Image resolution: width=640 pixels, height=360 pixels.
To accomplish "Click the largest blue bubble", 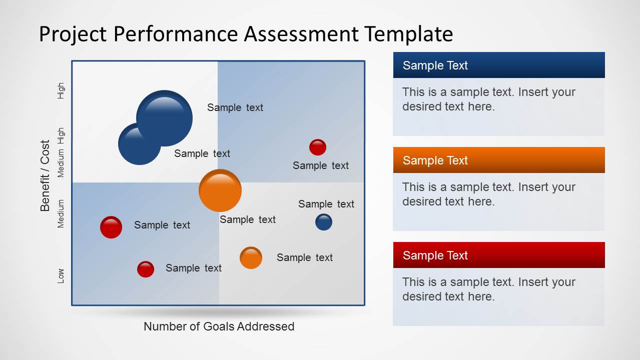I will pos(165,118).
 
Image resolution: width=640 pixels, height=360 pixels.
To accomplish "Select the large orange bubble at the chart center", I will pos(220,190).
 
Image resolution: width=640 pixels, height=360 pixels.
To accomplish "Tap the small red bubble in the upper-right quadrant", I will pos(318,147).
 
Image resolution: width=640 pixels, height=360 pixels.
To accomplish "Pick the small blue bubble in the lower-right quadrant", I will pos(324,222).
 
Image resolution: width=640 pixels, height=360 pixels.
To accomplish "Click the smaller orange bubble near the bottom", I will pos(251,258).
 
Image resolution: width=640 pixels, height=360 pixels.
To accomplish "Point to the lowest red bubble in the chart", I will pos(146,269).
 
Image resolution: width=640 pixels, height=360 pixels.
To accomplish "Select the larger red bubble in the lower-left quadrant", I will pos(111,227).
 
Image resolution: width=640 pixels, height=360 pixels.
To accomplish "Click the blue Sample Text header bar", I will pos(498,65).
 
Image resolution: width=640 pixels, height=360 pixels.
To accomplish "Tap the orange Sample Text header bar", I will pos(498,160).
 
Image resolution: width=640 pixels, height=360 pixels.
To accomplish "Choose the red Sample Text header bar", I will pos(498,255).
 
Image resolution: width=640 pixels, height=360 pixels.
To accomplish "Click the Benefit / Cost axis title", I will pos(46,175).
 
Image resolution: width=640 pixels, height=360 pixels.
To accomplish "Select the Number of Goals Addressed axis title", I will pos(219,326).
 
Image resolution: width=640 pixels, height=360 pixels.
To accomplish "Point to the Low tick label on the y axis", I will pos(61,275).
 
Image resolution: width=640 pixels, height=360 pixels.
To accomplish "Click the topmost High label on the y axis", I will pos(61,90).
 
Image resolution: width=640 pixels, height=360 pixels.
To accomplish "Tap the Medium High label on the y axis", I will pos(61,152).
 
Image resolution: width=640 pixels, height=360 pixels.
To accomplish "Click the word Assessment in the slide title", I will pos(301,34).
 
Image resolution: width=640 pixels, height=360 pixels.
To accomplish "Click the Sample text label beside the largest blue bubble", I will pos(235,107).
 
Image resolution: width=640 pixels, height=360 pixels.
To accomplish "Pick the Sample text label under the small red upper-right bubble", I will pos(320,165).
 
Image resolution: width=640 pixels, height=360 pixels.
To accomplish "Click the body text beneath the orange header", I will pos(488,194).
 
